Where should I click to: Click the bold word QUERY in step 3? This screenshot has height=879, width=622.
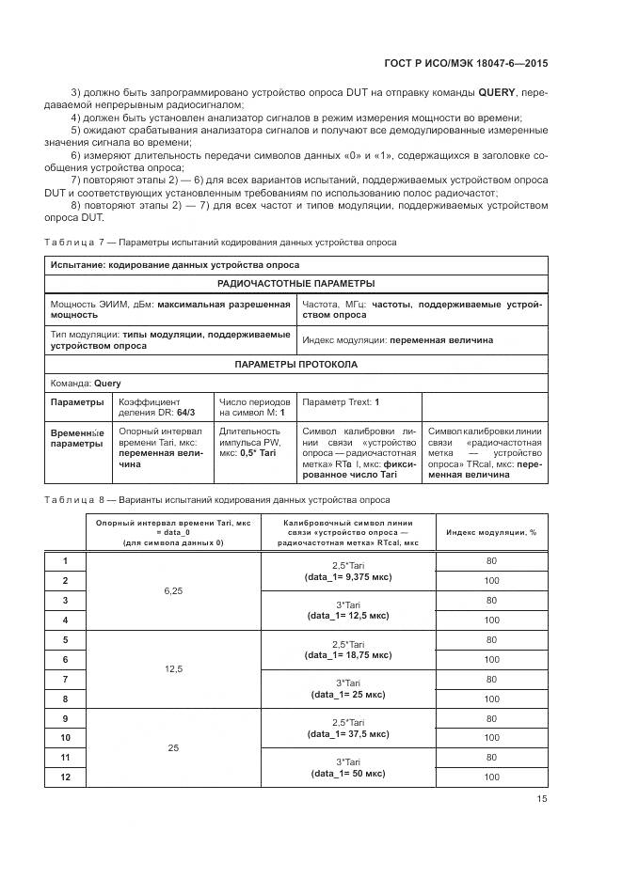pos(497,93)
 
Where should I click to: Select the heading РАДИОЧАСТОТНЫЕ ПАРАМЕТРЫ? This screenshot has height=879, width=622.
pos(295,283)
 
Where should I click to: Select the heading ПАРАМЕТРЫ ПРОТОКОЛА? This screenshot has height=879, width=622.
pos(295,364)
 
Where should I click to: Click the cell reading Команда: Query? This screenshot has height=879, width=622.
pos(86,384)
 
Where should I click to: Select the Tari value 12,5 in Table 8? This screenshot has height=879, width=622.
pos(172,669)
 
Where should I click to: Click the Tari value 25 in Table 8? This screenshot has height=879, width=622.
pos(172,747)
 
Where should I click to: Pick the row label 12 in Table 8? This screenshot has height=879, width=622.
pos(65,777)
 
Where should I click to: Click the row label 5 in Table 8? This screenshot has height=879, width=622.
pos(65,640)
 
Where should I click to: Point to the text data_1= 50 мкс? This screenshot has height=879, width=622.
pos(347,773)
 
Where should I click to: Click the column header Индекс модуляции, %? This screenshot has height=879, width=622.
pos(491,532)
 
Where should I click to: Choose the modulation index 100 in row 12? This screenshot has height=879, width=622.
pos(491,777)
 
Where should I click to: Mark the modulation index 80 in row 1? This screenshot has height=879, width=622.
pos(491,561)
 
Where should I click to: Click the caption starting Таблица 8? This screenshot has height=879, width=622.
pos(218,500)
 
